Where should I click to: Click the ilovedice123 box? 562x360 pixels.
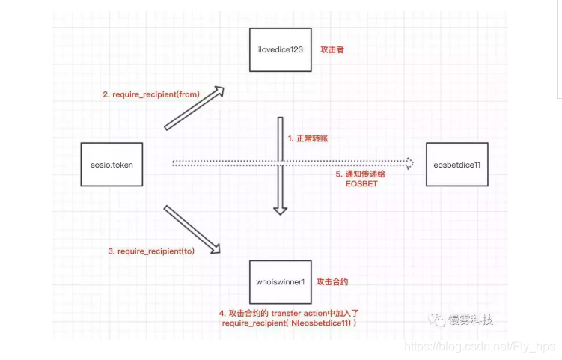(281, 50)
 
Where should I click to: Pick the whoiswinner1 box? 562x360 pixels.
(281, 283)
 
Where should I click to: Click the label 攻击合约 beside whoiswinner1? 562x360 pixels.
(333, 282)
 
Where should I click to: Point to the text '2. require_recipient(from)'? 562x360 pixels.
(152, 94)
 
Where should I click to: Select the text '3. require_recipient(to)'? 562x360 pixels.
(151, 251)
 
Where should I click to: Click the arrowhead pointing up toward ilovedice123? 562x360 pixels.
(217, 93)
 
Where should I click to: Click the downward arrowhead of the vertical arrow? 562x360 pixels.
(280, 209)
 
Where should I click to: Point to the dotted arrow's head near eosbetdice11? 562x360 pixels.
(409, 163)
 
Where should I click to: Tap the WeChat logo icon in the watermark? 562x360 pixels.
(437, 320)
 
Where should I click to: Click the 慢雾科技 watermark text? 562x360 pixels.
(471, 320)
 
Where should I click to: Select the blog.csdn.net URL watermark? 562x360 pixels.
(480, 347)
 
